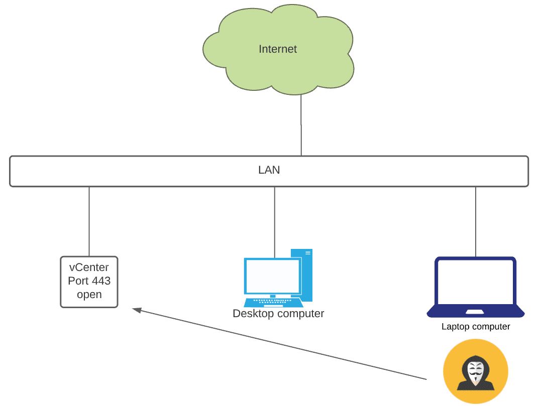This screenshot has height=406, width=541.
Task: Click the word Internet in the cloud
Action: tap(278, 49)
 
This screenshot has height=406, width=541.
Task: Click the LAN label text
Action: tap(269, 170)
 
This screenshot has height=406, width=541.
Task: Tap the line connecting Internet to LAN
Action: tap(301, 125)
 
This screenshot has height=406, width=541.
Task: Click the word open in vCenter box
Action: tap(89, 295)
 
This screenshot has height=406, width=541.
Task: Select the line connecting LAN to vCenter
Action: tap(89, 221)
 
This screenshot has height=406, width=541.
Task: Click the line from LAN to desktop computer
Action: tap(274, 221)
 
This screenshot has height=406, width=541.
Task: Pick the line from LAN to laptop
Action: tap(475, 221)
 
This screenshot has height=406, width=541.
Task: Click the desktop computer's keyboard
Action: tap(273, 303)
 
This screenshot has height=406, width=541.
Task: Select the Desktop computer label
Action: tap(278, 314)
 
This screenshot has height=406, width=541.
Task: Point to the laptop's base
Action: tap(475, 313)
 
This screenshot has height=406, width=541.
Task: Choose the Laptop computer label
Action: tap(476, 327)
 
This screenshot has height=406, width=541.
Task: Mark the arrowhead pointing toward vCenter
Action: tap(136, 310)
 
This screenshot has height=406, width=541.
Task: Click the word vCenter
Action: tap(89, 267)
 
